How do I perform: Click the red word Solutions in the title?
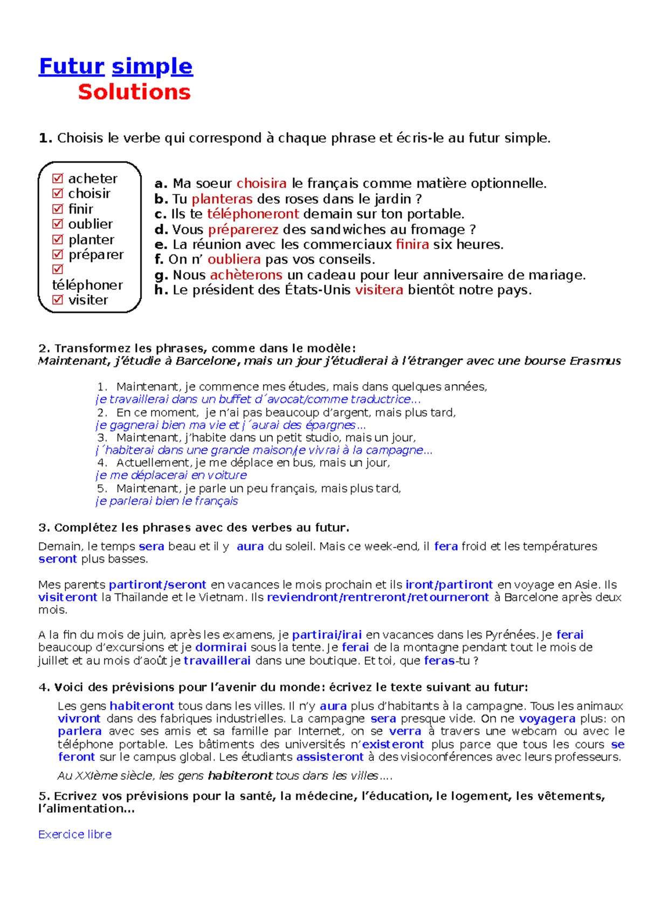pos(134,92)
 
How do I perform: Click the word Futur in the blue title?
pos(72,66)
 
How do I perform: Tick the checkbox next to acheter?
pos(58,178)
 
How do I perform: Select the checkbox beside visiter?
pos(58,300)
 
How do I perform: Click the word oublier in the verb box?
pos(90,224)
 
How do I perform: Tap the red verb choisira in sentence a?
pos(261,183)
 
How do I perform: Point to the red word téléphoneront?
pos(253,214)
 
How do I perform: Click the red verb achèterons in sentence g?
pos(246,275)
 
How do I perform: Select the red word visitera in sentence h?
pos(378,290)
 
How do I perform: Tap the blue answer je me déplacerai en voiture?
pos(171,475)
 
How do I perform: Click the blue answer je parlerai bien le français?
pos(167,501)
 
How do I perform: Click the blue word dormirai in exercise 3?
pos(221,647)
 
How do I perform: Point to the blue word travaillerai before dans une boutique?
pos(217,661)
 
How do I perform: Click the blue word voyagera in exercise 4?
pos(547,718)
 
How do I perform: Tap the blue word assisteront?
pos(329,757)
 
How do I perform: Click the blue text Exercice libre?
pos(75,834)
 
